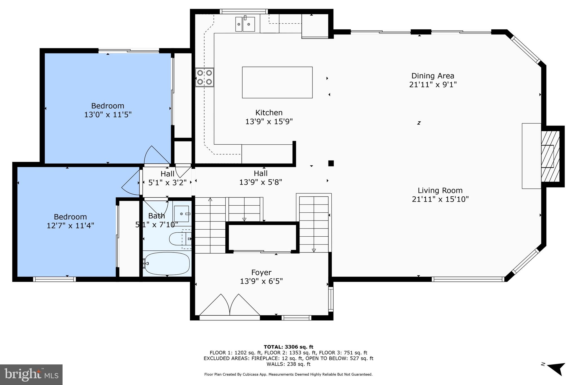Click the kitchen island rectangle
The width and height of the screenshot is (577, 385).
(x=277, y=82)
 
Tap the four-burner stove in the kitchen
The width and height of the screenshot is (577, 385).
(x=205, y=77)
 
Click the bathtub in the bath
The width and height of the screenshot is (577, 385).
(x=166, y=264)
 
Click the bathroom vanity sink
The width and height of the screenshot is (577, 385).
(x=181, y=214)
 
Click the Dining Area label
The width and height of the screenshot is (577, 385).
(x=433, y=76)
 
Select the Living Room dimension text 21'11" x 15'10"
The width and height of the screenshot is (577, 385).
(x=440, y=199)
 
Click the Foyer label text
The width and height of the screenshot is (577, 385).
(x=261, y=272)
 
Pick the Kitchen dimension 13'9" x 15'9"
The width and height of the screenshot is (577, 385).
(x=269, y=122)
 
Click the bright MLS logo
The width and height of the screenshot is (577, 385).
(x=31, y=375)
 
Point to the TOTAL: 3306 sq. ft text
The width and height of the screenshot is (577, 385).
(x=288, y=347)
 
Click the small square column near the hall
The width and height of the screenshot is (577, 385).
(x=331, y=163)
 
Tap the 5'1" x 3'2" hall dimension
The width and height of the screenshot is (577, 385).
(x=167, y=183)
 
